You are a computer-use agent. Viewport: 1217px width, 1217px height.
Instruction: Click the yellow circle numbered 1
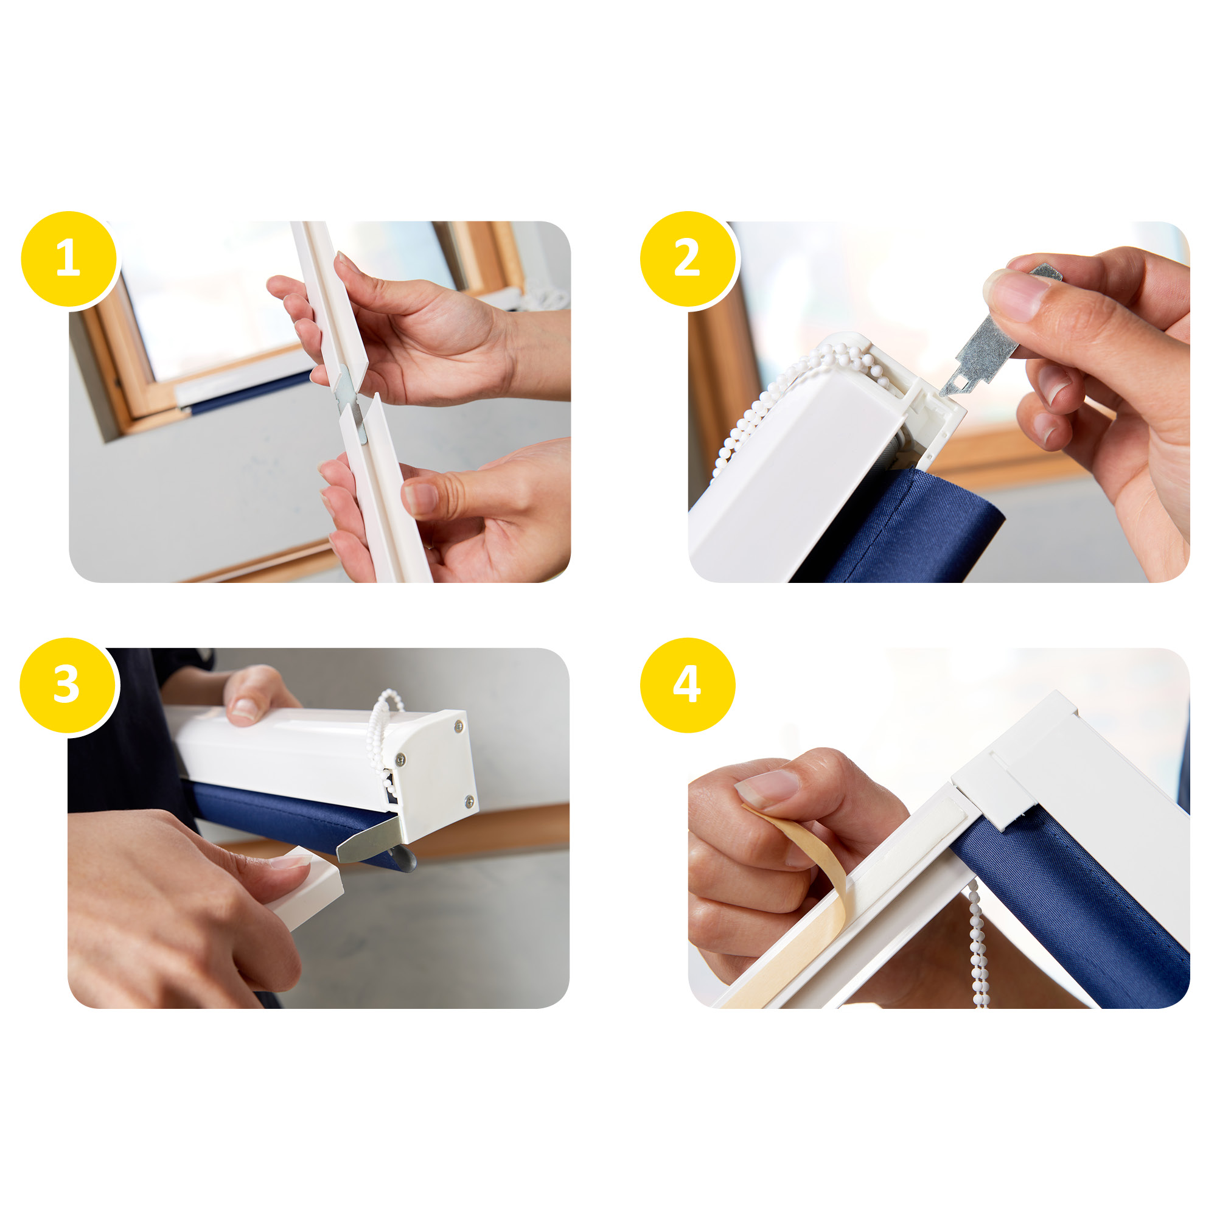point(69,259)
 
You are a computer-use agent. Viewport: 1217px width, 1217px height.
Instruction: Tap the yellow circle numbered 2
point(688,259)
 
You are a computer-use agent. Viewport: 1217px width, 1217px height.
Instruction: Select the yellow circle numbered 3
point(68,685)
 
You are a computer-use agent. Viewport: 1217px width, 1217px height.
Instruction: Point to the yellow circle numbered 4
point(688,685)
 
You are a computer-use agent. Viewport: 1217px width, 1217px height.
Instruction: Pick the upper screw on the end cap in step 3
point(458,727)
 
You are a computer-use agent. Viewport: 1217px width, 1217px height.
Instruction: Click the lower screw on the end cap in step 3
point(469,801)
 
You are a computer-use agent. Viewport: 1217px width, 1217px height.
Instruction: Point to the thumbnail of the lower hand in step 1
point(420,498)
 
